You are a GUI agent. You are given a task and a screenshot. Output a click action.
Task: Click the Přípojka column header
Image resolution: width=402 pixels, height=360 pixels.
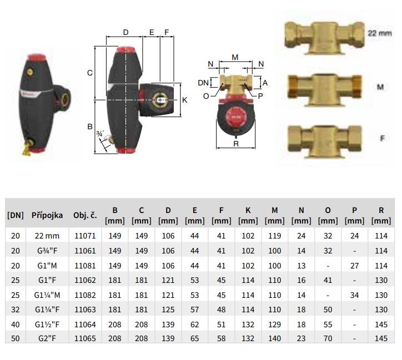(47, 215)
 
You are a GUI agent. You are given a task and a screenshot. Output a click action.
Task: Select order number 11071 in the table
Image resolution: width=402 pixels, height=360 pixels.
(85, 236)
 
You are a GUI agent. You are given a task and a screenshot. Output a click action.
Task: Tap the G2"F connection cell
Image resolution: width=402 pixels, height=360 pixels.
(47, 338)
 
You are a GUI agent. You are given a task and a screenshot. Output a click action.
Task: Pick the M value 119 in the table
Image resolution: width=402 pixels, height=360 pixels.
(275, 236)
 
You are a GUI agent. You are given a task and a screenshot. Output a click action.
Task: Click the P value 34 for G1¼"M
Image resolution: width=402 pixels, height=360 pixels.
(355, 295)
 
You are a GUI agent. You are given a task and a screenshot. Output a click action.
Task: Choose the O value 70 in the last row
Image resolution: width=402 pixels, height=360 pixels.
(328, 338)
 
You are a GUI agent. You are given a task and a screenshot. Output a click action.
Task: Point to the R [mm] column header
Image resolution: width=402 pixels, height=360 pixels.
(381, 215)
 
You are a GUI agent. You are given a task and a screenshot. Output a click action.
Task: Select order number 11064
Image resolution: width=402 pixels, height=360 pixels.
(85, 324)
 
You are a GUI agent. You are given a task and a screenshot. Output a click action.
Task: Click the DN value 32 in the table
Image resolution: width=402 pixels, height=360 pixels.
(16, 310)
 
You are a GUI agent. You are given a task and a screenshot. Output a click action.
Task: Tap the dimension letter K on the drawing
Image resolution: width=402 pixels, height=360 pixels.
(184, 100)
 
